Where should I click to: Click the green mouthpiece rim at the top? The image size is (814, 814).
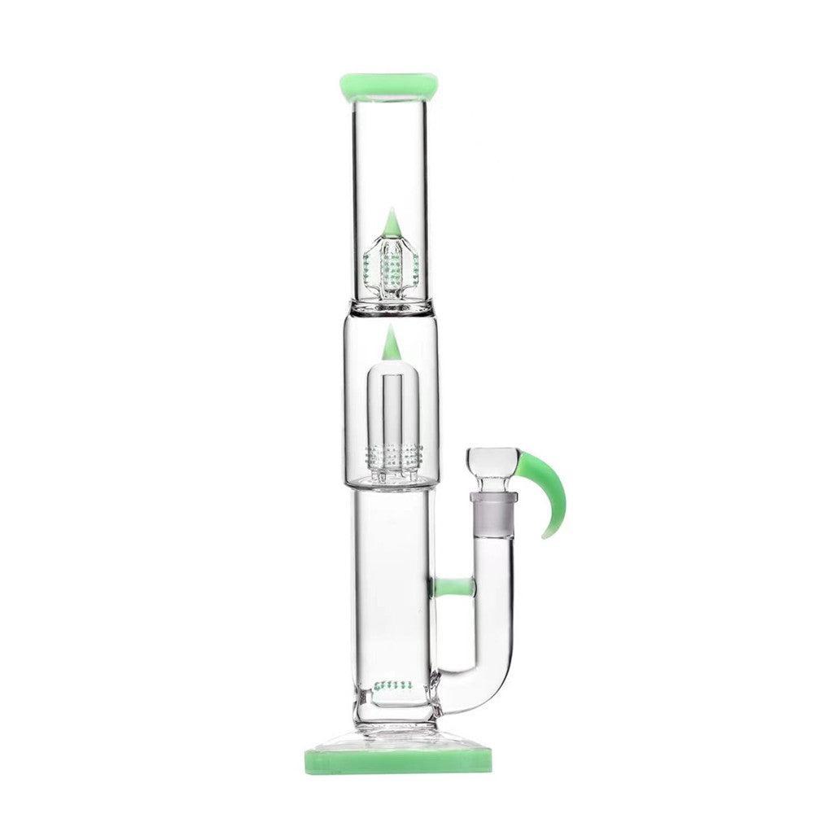pyautogui.click(x=389, y=84)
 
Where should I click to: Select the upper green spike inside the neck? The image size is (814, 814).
pyautogui.click(x=391, y=221)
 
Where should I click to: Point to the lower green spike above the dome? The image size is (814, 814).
pyautogui.click(x=391, y=343)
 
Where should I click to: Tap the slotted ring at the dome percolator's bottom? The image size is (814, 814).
pyautogui.click(x=391, y=456)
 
